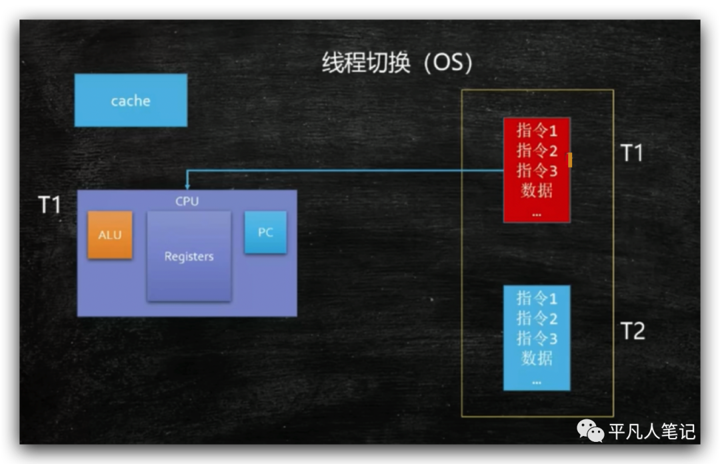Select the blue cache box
131,100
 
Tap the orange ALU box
110,235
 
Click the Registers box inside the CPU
189,256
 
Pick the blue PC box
265,232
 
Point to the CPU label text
187,202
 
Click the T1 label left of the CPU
49,204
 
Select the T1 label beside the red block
631,153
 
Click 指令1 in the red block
537,130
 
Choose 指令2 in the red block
537,150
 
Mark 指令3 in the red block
537,170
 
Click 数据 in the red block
537,190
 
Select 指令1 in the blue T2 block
537,298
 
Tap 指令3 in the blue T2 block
537,338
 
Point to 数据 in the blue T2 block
537,359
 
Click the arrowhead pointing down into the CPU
187,184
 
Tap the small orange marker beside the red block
570,160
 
